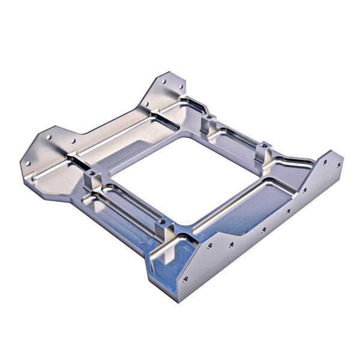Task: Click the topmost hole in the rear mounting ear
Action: click(165, 80)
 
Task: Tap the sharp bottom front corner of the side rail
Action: click(178, 301)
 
